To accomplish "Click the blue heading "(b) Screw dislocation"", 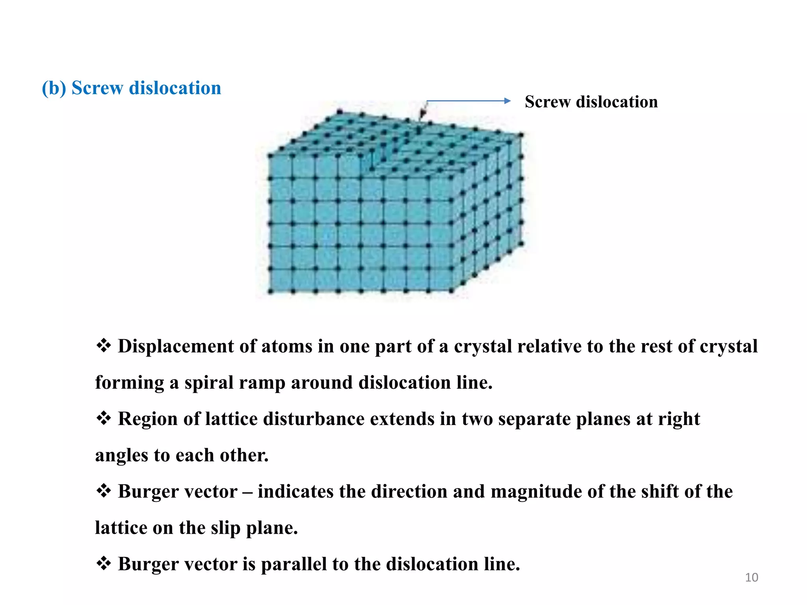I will (x=132, y=88).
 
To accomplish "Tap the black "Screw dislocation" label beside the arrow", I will (x=591, y=102).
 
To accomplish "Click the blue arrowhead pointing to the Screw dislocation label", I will (x=507, y=101).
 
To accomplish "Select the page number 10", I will (x=751, y=577).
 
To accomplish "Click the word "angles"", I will (x=121, y=455).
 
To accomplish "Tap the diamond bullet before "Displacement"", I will (x=103, y=346).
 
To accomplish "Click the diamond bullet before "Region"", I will (x=103, y=418).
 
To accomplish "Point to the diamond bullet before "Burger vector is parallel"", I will (x=103, y=564).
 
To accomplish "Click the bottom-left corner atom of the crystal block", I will (x=270, y=291).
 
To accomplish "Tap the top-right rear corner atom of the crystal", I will (x=521, y=135).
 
